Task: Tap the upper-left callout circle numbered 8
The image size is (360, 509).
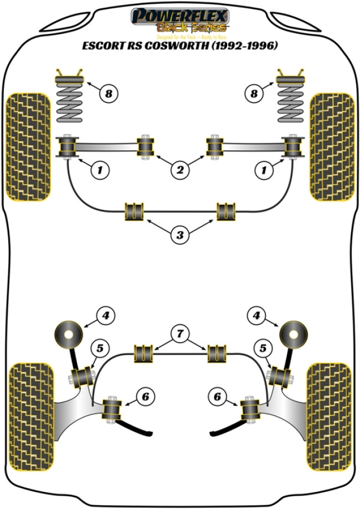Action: pos(109,94)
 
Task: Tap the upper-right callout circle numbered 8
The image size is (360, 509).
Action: pos(254,94)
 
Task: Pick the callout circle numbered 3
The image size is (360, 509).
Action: pos(179,235)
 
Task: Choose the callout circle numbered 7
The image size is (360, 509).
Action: pos(179,333)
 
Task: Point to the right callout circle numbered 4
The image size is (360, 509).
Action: pos(256,316)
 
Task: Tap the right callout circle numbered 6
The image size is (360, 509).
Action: pos(217,396)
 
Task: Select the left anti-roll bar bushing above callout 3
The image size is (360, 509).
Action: pos(135,211)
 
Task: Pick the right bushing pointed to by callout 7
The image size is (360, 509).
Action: pos(217,353)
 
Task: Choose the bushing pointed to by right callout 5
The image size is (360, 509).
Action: pos(278,377)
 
